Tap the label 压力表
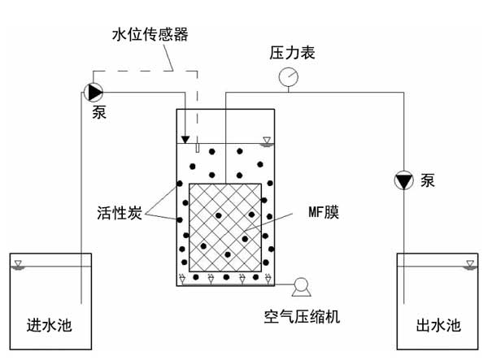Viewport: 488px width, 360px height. point(292,54)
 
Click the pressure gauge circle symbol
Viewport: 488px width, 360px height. point(287,78)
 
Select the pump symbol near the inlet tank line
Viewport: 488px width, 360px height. point(93,90)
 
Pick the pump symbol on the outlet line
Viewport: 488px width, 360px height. point(403,179)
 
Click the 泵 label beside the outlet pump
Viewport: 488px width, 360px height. point(428,180)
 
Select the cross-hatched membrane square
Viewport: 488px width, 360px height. point(224,226)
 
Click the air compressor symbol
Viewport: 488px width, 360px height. point(302,285)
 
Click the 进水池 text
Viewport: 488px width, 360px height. point(49,327)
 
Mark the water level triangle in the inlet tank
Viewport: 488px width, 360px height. point(20,265)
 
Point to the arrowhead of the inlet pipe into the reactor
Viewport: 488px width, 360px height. point(186,138)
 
